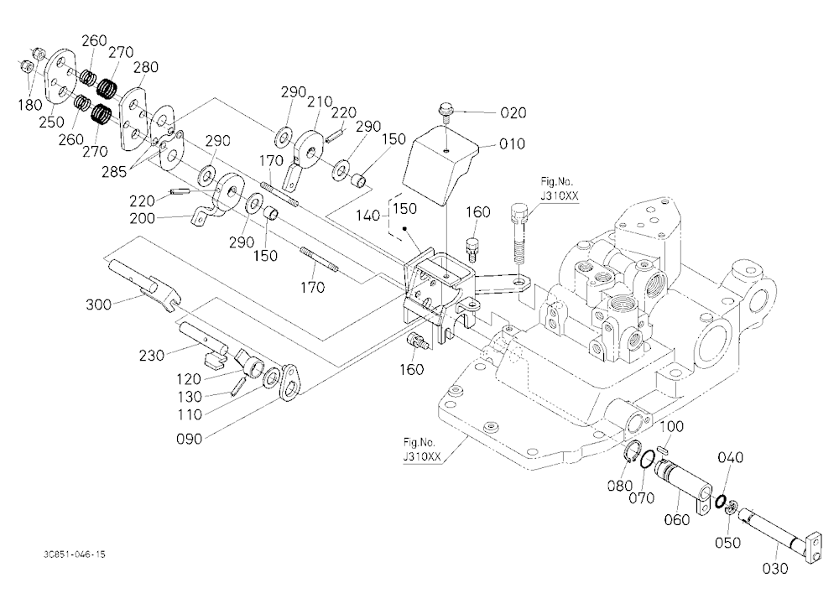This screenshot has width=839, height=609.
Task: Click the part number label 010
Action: [512, 144]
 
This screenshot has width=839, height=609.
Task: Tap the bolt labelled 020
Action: [446, 113]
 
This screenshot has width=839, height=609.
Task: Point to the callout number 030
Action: [775, 569]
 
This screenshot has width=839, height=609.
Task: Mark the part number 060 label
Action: [676, 519]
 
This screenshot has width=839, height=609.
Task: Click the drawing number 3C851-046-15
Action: [75, 554]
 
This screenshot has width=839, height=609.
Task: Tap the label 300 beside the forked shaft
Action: [98, 305]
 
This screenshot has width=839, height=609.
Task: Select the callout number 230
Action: [152, 356]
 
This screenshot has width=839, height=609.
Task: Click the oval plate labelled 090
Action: [289, 383]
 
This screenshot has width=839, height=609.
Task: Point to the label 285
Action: [114, 172]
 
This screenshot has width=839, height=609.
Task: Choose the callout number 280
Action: [145, 67]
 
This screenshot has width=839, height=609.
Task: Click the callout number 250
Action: [51, 122]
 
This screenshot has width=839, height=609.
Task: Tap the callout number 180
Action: [30, 105]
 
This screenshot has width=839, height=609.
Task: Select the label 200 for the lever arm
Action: [143, 218]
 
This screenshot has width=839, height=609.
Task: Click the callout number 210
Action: [320, 101]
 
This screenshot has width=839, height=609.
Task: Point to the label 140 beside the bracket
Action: [368, 216]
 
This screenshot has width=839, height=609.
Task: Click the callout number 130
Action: [190, 397]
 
